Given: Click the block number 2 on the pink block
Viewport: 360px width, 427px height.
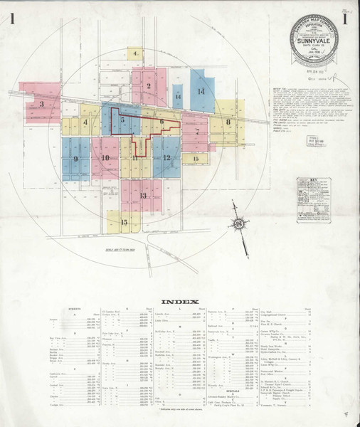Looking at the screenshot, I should [148, 86].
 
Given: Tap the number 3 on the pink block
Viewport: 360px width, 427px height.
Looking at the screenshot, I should [42, 104].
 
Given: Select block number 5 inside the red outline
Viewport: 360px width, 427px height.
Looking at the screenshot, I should [122, 121].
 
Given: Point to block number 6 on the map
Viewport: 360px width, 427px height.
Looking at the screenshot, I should [162, 122].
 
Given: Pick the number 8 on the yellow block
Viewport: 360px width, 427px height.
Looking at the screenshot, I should [229, 122].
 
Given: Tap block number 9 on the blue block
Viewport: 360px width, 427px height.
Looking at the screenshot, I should [75, 159].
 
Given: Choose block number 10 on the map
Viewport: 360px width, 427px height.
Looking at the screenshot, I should [105, 159].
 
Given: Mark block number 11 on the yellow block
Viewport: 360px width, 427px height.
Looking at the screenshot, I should [134, 158].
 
